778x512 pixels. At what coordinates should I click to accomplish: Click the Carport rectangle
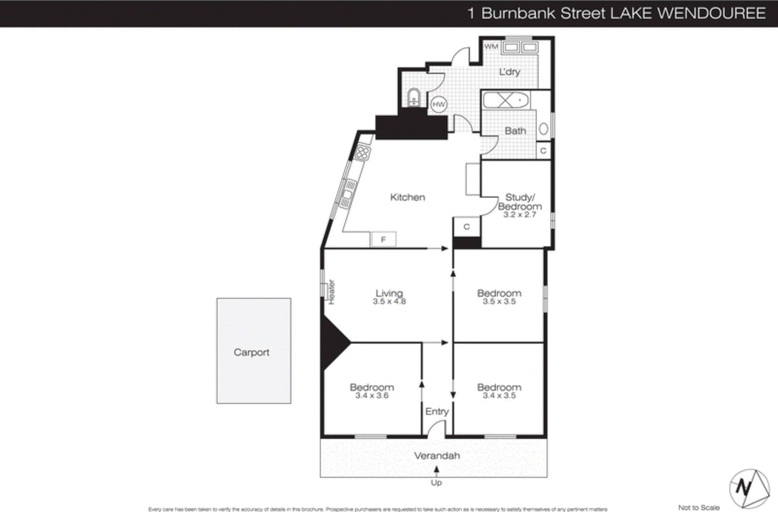[x=253, y=350]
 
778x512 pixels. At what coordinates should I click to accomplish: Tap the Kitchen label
[x=407, y=197]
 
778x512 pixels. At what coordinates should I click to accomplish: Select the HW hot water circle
[x=439, y=104]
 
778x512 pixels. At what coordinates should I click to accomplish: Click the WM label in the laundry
[x=491, y=46]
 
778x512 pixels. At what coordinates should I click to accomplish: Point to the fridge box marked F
[x=383, y=239]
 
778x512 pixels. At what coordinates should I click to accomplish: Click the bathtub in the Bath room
[x=506, y=100]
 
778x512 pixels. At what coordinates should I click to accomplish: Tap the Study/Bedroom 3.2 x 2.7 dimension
[x=519, y=215]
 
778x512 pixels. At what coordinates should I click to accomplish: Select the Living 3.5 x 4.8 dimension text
[x=389, y=302]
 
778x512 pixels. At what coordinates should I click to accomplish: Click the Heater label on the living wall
[x=332, y=292]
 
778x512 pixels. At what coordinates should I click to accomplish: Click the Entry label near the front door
[x=437, y=411]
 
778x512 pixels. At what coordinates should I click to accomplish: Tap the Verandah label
[x=437, y=456]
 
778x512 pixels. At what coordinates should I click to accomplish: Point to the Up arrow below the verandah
[x=436, y=470]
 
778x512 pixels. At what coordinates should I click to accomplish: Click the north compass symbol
[x=749, y=488]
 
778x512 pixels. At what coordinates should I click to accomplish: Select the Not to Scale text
[x=699, y=507]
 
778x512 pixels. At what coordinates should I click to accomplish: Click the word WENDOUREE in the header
[x=711, y=13]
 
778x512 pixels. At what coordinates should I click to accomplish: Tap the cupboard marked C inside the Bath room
[x=543, y=151]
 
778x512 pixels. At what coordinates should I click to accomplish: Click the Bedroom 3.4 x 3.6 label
[x=372, y=391]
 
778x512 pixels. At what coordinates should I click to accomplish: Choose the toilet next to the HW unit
[x=414, y=97]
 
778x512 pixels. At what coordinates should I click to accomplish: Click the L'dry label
[x=510, y=72]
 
